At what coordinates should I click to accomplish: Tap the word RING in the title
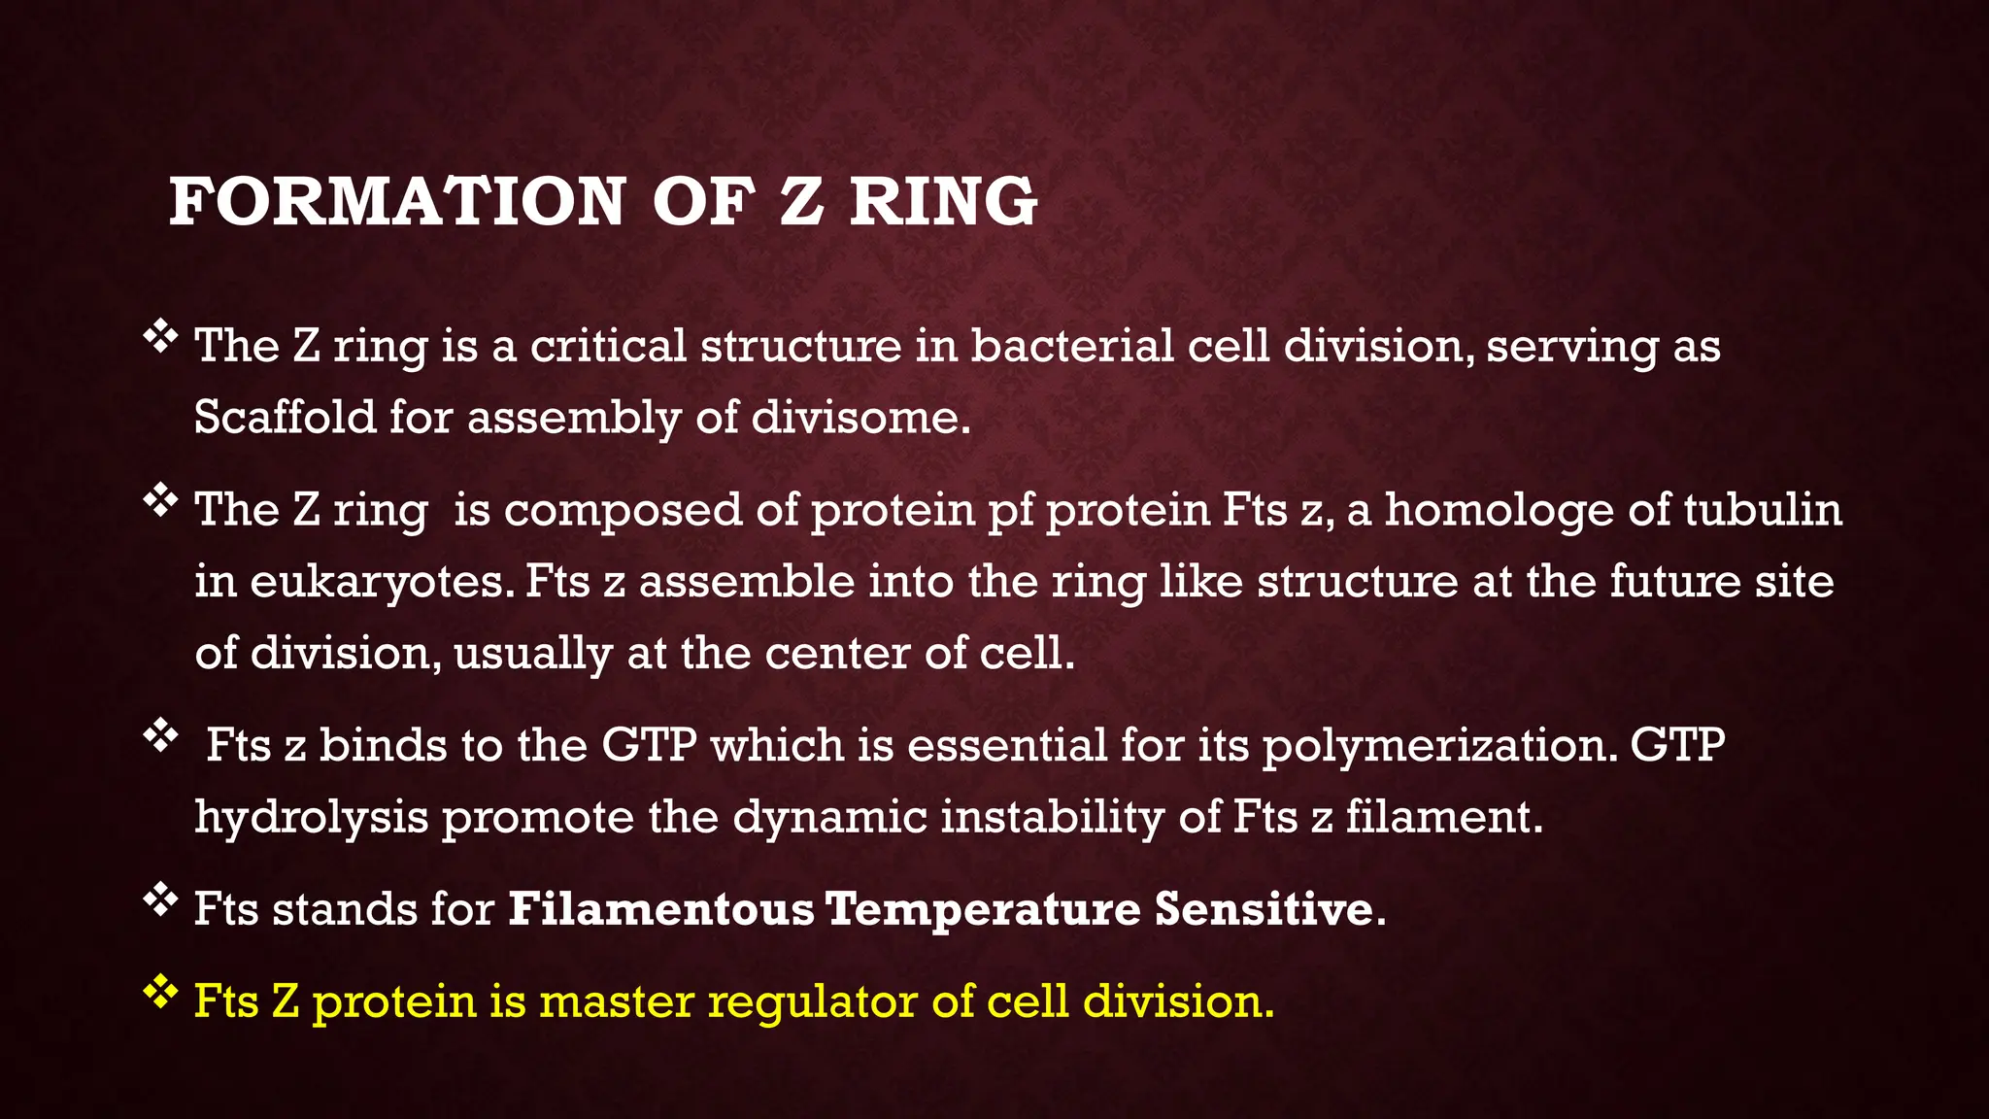[x=943, y=202]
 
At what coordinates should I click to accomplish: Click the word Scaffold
[x=285, y=418]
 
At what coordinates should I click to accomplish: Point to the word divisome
[x=860, y=418]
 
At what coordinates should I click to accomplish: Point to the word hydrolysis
[x=311, y=818]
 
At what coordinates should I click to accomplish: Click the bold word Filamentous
[x=660, y=910]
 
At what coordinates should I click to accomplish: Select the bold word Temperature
[x=983, y=910]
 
